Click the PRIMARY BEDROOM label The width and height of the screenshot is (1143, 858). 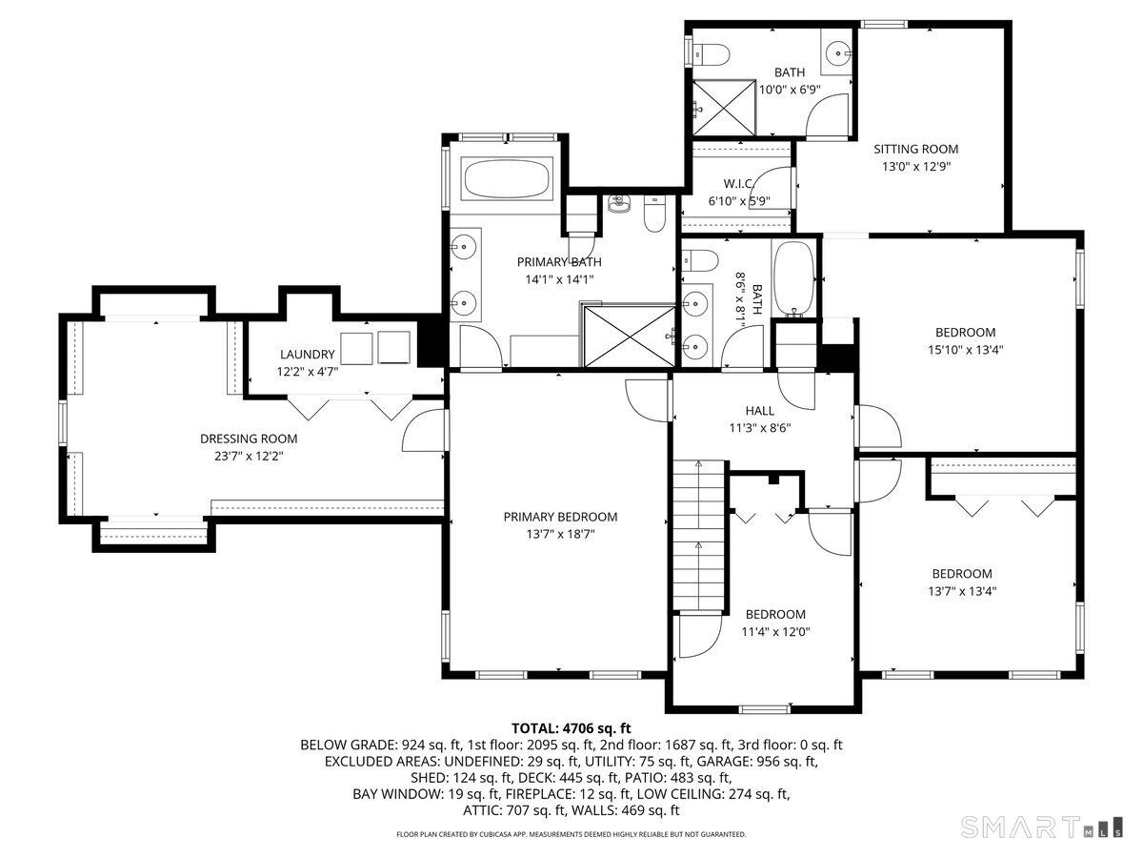coord(560,517)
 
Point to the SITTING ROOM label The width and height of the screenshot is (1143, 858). coord(915,149)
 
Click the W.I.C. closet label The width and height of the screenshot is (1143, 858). coord(738,183)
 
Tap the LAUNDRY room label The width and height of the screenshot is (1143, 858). coord(307,354)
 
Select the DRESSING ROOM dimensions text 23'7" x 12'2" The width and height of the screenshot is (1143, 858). coord(249,456)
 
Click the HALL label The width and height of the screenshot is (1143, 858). coord(759,411)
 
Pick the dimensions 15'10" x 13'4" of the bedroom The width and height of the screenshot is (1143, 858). coord(965,349)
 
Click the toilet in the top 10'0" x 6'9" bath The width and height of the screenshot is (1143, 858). coord(711,53)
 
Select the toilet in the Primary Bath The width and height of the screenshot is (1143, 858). coord(654,215)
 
